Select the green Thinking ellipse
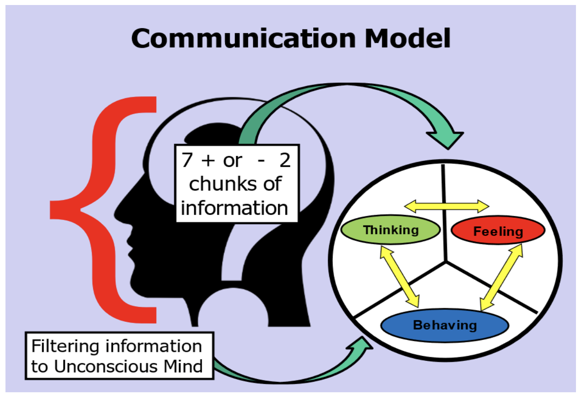390,230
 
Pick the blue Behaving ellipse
444,325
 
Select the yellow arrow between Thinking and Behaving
400,276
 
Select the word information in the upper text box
235,208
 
